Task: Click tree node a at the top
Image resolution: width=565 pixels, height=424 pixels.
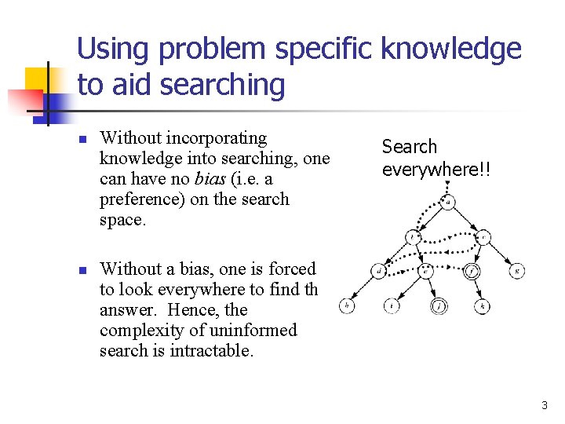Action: (448, 202)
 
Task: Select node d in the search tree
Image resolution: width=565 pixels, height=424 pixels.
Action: (379, 272)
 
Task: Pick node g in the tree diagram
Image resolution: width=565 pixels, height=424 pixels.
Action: (516, 272)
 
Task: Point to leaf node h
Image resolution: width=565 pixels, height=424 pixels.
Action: (346, 305)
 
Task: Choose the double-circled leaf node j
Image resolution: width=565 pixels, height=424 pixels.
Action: (439, 305)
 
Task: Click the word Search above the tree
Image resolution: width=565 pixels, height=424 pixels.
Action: (409, 147)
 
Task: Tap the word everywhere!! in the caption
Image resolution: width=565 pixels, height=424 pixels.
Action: (436, 169)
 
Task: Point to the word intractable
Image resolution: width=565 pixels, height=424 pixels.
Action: (211, 350)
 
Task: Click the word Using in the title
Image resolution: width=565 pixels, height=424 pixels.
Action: (113, 49)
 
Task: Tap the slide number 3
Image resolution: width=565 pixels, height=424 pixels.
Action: (544, 405)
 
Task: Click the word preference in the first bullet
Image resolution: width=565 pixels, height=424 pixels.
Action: (140, 199)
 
